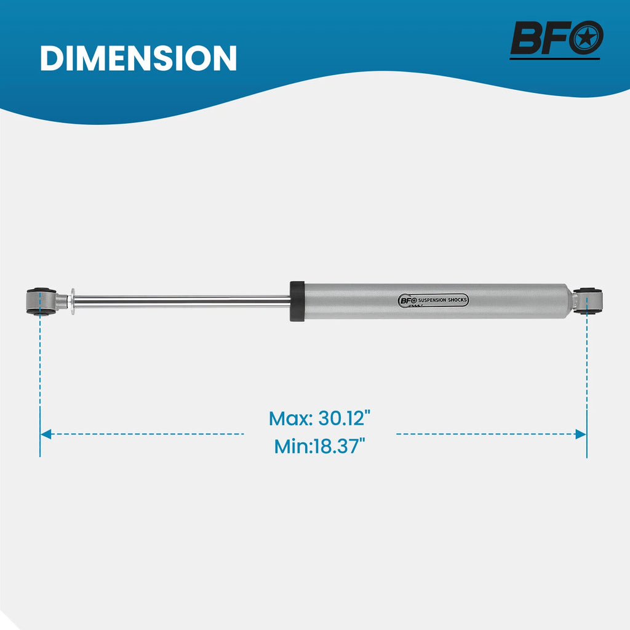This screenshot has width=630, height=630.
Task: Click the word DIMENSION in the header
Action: click(138, 58)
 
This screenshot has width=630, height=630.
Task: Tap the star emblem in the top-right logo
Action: click(586, 38)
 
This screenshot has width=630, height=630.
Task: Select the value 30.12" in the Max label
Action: click(345, 418)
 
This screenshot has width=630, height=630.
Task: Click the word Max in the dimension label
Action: click(290, 418)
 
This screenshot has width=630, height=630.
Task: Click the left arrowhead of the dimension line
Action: click(46, 434)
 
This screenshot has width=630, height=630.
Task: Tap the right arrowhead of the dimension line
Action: click(581, 434)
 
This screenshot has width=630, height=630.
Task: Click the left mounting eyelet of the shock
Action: click(41, 301)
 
